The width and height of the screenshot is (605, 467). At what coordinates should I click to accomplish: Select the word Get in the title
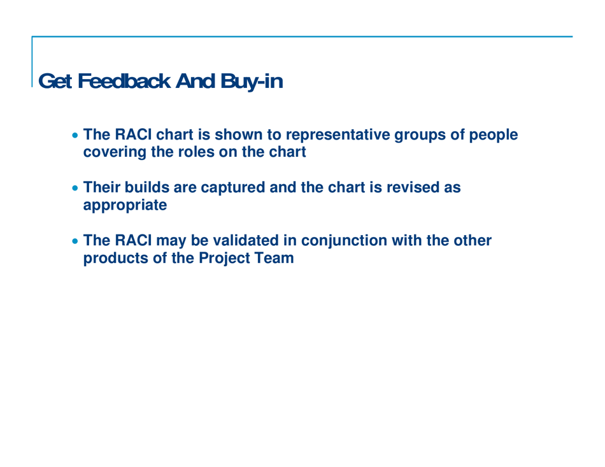pyautogui.click(x=54, y=82)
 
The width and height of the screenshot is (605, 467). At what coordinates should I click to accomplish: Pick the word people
pyautogui.click(x=495, y=136)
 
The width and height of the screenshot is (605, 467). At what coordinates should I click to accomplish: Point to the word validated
pyautogui.click(x=225, y=242)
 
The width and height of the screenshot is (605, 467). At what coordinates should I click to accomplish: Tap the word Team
pyautogui.click(x=278, y=259)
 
